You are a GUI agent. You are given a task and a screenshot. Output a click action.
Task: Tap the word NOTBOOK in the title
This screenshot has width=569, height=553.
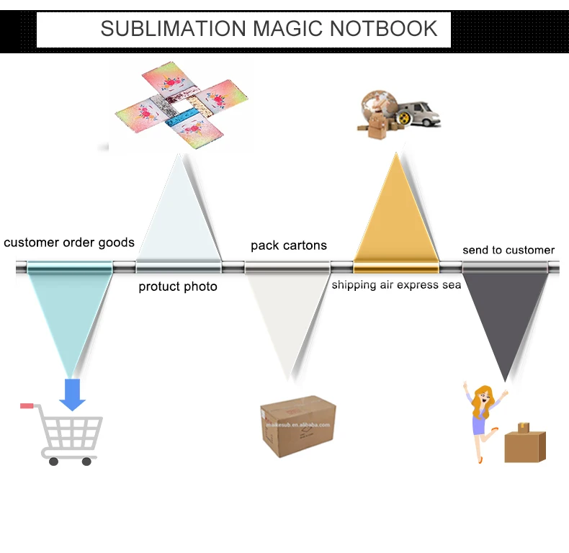384,28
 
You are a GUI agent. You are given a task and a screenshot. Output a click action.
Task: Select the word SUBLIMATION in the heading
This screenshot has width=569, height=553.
173,28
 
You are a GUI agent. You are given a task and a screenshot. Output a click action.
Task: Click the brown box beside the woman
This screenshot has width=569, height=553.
524,443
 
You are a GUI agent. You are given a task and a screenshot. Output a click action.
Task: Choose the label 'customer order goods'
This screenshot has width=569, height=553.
69,243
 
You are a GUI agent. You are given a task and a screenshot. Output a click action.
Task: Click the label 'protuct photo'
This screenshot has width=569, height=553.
178,287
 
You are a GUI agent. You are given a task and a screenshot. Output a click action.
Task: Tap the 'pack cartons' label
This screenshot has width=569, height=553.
288,246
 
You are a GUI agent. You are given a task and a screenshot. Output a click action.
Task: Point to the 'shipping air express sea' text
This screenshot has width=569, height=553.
396,285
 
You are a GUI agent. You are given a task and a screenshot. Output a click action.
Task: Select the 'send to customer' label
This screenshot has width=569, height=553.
508,250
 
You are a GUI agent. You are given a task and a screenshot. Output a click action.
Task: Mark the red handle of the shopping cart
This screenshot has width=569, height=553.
27,405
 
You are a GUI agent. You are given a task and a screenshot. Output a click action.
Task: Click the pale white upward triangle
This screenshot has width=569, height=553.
178,216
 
